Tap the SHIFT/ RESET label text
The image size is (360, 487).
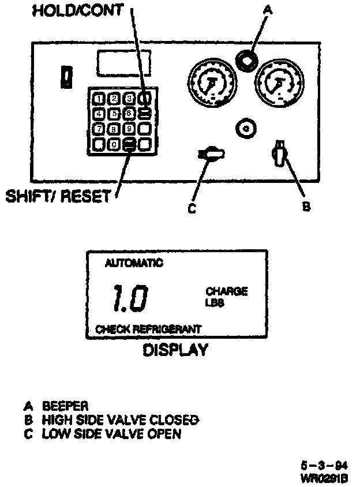pyautogui.click(x=57, y=197)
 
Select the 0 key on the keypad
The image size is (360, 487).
pyautogui.click(x=115, y=144)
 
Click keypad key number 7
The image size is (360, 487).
pyautogui.click(x=99, y=129)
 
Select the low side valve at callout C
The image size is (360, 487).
pyautogui.click(x=210, y=153)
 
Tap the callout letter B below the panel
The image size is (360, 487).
pyautogui.click(x=307, y=206)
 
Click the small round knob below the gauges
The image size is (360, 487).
pyautogui.click(x=246, y=128)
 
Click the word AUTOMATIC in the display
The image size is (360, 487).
pyautogui.click(x=133, y=264)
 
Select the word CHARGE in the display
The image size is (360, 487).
pyautogui.click(x=227, y=291)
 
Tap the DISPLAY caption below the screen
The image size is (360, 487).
pyautogui.click(x=175, y=350)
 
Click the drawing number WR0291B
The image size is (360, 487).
pyautogui.click(x=322, y=478)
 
